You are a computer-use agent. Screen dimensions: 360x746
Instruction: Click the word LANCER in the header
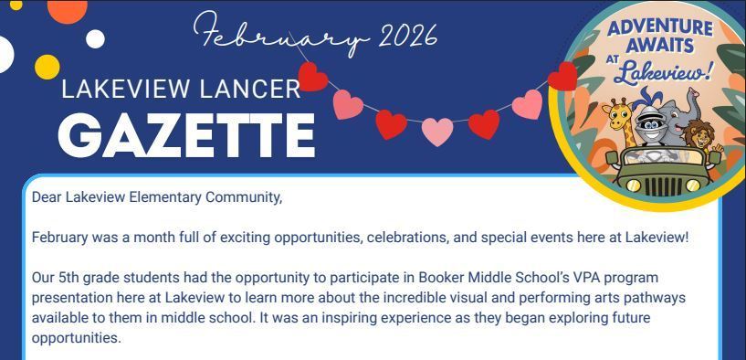pos(260,90)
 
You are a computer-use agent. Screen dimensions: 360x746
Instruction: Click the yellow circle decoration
pos(47,67)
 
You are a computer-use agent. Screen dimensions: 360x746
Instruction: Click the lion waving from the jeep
pos(698,137)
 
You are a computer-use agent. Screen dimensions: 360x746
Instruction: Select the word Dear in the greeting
pos(47,196)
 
